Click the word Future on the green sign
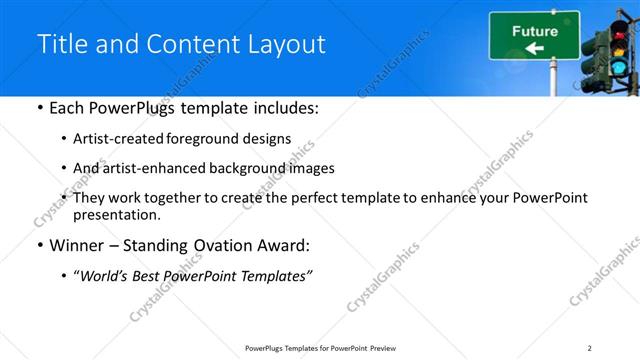pos(535,31)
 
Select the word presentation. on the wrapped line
pos(117,214)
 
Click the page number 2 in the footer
pos(590,348)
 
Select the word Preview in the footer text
pos(383,348)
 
